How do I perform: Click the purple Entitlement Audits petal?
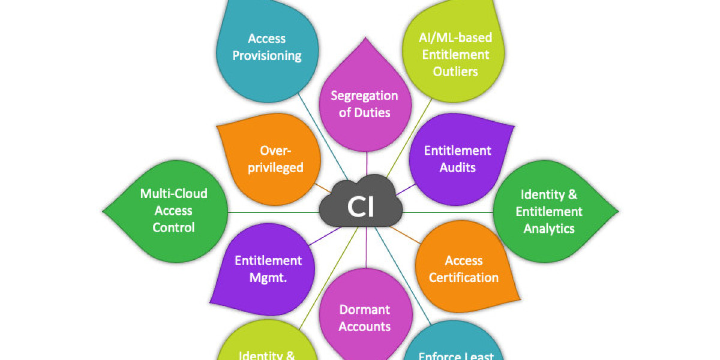point(457,159)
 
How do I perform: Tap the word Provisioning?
point(267,56)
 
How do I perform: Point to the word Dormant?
point(365,310)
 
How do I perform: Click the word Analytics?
point(549,229)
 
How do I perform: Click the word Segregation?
point(365,95)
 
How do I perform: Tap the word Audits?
point(458,167)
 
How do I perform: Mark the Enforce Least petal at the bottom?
point(456,351)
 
